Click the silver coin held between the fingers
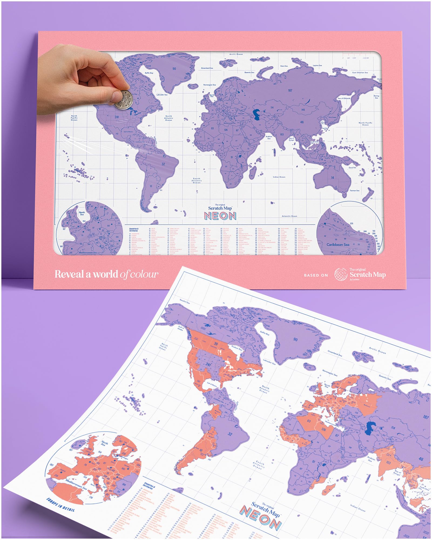click(x=123, y=99)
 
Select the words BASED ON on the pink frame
click(x=316, y=275)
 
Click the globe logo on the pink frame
click(x=341, y=274)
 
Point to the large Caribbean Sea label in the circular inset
click(x=338, y=245)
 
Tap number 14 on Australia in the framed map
click(x=333, y=178)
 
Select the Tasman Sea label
click(x=355, y=190)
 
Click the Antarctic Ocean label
click(x=289, y=216)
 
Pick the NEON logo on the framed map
click(x=220, y=216)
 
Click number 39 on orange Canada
click(x=216, y=344)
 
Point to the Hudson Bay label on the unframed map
click(x=237, y=348)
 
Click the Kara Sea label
click(x=284, y=66)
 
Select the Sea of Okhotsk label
click(x=344, y=98)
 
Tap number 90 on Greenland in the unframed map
click(x=295, y=339)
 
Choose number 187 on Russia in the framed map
click(x=290, y=90)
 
